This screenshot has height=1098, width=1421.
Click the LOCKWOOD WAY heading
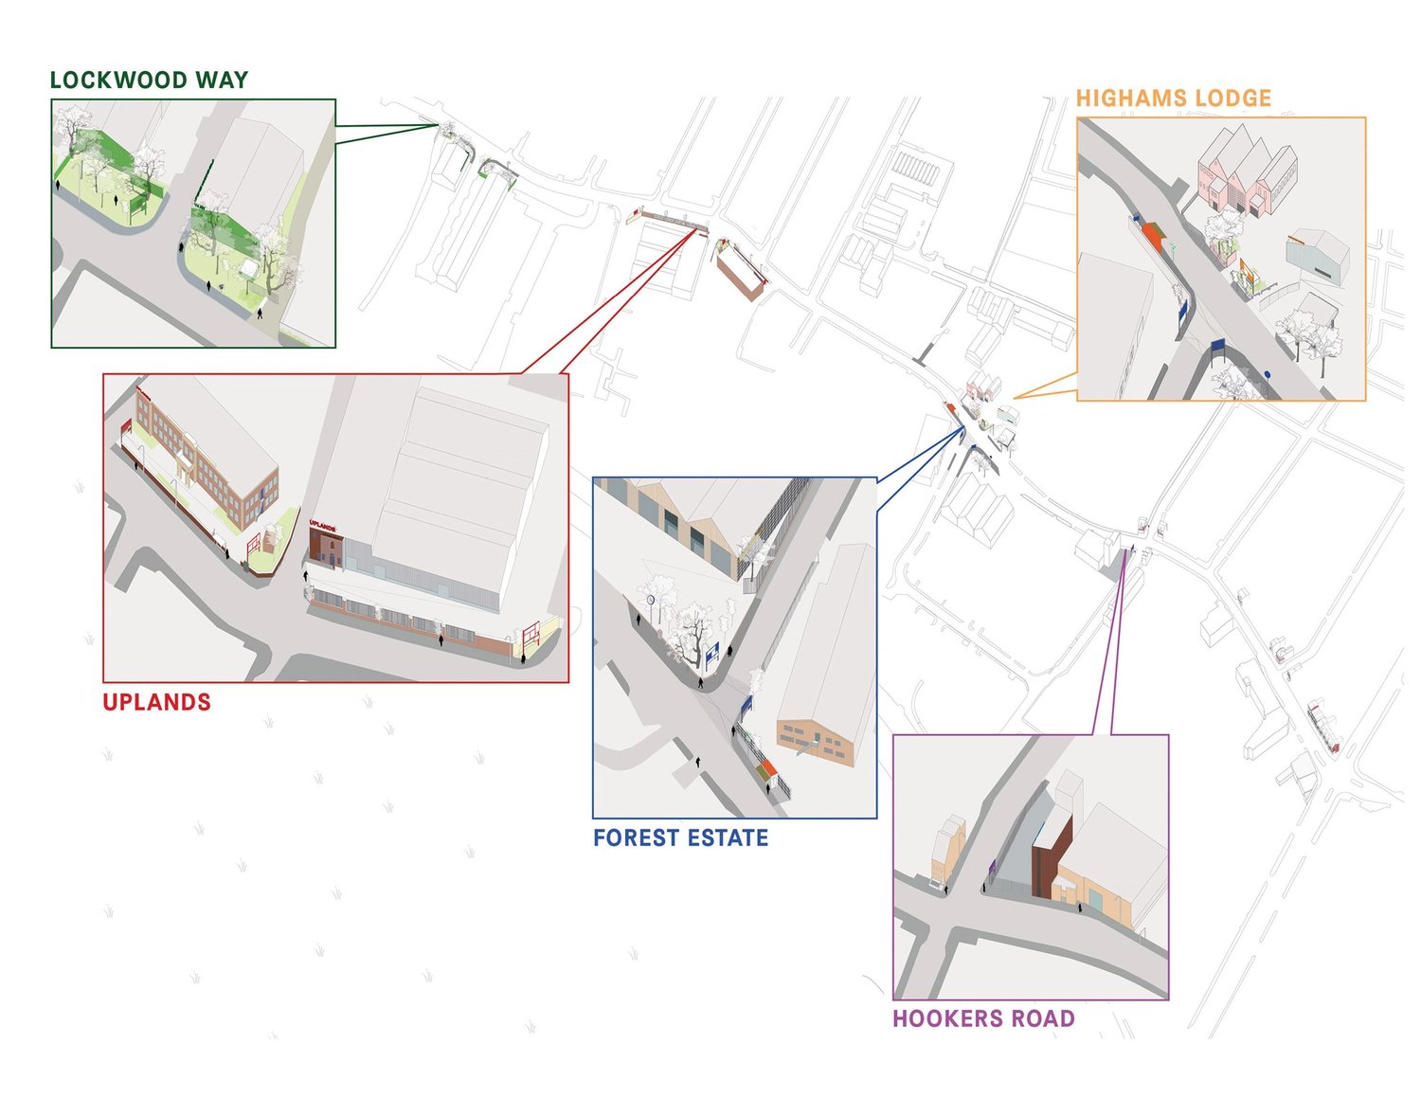149,80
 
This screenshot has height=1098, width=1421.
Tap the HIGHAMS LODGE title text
1173,99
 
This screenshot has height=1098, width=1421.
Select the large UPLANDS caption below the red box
157,702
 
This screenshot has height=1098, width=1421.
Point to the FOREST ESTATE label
681,837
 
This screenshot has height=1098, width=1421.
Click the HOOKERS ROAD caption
983,1018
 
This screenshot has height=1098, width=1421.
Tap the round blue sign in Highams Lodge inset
1268,375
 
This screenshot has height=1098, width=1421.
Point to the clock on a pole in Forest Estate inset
651,599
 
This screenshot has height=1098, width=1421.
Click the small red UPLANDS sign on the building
322,526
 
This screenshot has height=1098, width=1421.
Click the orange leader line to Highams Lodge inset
1045,386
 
